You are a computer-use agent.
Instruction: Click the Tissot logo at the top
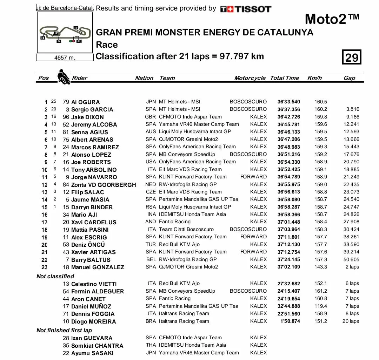[x=246, y=9]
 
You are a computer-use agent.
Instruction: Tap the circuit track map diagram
[x=65, y=34]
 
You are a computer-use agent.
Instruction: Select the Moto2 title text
[x=332, y=19]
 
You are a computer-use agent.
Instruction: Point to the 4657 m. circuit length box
[x=65, y=58]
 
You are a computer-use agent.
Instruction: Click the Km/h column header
[x=314, y=78]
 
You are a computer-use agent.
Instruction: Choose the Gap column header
[x=349, y=78]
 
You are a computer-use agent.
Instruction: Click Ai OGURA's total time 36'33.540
[x=289, y=102]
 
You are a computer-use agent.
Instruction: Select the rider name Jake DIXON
[x=87, y=117]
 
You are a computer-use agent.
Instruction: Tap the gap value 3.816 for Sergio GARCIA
[x=352, y=109]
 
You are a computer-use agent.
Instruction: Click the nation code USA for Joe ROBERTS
[x=151, y=162]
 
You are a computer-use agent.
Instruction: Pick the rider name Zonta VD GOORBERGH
[x=104, y=185]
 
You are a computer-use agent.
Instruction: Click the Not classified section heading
[x=55, y=276]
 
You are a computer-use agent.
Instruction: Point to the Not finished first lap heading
[x=64, y=330]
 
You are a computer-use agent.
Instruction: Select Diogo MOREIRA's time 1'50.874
[x=289, y=321]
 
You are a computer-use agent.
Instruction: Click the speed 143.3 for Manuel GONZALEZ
[x=321, y=267]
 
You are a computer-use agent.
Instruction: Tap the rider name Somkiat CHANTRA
[x=97, y=346]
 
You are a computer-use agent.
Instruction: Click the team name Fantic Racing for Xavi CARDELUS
[x=175, y=222]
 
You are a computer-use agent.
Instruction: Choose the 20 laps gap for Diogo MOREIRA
[x=351, y=321]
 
